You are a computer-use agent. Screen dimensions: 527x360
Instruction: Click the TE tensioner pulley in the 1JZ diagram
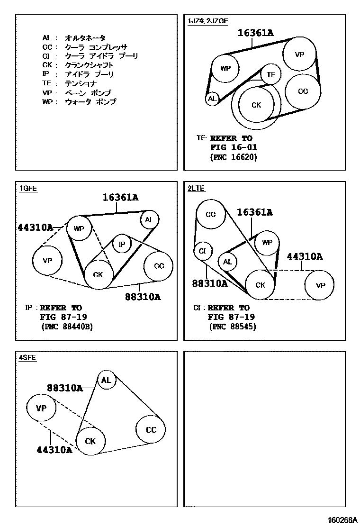(x=270, y=74)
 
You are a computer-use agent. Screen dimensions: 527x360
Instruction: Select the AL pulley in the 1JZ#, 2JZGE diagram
(x=212, y=99)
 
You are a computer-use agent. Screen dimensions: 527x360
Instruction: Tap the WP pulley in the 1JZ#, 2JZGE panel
(x=225, y=68)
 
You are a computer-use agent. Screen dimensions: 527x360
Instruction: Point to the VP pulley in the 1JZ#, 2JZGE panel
(x=299, y=55)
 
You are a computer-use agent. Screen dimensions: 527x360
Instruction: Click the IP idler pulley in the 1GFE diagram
(x=122, y=244)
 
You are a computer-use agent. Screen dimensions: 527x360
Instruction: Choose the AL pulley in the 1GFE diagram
(x=149, y=219)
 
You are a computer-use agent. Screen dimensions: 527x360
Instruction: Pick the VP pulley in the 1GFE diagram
(x=47, y=260)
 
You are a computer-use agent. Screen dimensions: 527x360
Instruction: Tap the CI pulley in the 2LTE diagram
(x=202, y=251)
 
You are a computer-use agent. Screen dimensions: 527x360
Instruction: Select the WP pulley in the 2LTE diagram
(x=267, y=243)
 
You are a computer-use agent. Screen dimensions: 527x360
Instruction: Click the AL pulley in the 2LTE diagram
(x=227, y=262)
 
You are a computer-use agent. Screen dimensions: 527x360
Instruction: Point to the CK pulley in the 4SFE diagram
(x=90, y=441)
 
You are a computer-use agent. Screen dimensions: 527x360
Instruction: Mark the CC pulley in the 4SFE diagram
(x=151, y=430)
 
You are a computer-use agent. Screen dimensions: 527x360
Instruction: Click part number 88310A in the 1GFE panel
(x=143, y=297)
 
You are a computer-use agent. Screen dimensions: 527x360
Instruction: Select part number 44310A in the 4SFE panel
(x=54, y=450)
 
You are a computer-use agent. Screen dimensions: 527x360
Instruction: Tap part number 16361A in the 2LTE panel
(x=254, y=212)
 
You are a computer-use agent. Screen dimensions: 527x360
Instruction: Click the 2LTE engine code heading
(x=196, y=188)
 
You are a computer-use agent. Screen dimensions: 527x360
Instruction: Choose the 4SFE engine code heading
(x=27, y=358)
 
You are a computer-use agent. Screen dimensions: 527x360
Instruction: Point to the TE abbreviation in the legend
(x=46, y=83)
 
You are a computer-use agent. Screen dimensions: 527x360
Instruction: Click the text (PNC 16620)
(x=233, y=157)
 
